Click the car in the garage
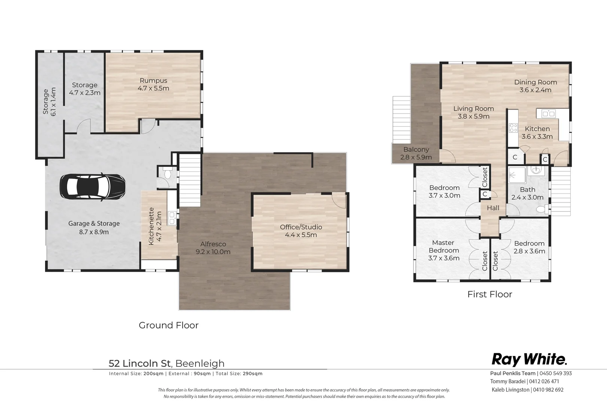click(x=93, y=187)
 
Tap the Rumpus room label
click(x=153, y=81)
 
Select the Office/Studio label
click(x=301, y=227)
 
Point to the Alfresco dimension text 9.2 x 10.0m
click(x=213, y=252)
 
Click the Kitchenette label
click(x=152, y=226)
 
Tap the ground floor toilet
click(x=167, y=174)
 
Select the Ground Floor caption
click(x=168, y=325)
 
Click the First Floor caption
click(x=490, y=294)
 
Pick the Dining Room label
click(x=535, y=82)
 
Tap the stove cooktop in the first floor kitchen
click(x=513, y=127)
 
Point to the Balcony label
click(x=416, y=149)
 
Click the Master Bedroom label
click(x=443, y=246)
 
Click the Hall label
click(x=493, y=208)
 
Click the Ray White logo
click(x=529, y=360)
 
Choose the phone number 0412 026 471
click(x=544, y=381)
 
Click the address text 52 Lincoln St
click(x=140, y=363)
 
